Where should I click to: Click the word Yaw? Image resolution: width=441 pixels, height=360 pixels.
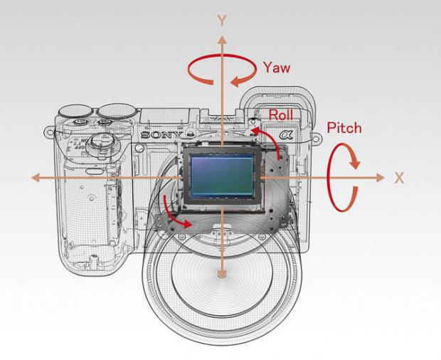pyautogui.click(x=277, y=68)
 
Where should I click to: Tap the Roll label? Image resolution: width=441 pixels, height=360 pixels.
pyautogui.click(x=281, y=115)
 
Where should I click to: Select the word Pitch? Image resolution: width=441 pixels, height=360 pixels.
pyautogui.click(x=344, y=128)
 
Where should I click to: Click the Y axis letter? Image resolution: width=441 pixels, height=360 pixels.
pyautogui.click(x=222, y=21)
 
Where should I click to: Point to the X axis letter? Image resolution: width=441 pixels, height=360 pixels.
pyautogui.click(x=399, y=178)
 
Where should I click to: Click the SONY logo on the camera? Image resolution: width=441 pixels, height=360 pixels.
pyautogui.click(x=161, y=135)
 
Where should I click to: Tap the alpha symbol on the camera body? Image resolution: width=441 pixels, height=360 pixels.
pyautogui.click(x=286, y=135)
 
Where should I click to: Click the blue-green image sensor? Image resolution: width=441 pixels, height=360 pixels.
pyautogui.click(x=222, y=176)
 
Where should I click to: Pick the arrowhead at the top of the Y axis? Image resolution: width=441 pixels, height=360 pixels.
pyautogui.click(x=222, y=40)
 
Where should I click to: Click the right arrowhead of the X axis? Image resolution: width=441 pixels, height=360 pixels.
pyautogui.click(x=381, y=178)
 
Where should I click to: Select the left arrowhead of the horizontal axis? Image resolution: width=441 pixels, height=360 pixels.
pyautogui.click(x=36, y=178)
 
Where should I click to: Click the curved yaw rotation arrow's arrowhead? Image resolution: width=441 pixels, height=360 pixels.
pyautogui.click(x=238, y=81)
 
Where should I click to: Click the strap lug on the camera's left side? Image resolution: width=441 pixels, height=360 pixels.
pyautogui.click(x=49, y=132)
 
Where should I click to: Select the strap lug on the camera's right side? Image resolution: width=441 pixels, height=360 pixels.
pyautogui.click(x=316, y=138)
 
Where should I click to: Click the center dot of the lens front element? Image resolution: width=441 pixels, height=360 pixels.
pyautogui.click(x=222, y=274)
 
